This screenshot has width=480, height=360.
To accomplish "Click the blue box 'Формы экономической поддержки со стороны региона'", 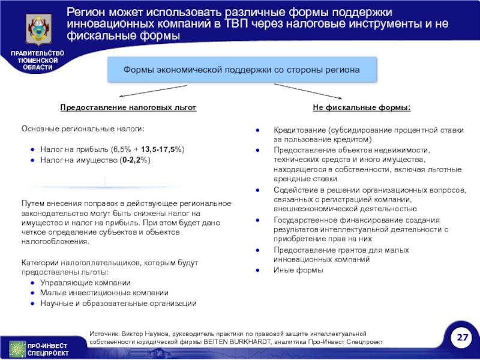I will pos(241,70).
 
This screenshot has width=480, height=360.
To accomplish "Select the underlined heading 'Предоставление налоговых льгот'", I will pos(128,107).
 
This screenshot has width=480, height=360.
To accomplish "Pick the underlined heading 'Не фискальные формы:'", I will pos(362,107).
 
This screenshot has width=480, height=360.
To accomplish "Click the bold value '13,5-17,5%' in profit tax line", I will pos(163,149).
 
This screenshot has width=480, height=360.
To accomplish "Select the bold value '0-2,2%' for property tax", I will pos(134,160).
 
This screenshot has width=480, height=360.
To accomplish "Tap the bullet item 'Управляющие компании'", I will pos(85,283).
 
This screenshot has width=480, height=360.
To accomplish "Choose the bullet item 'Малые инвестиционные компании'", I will pos(104,293).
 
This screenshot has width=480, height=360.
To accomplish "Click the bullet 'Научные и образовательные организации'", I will pos(118,303).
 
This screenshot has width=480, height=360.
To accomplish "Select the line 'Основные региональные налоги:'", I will pos(83,129).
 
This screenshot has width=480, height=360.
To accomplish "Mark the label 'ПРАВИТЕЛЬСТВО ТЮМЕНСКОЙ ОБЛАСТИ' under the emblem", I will pos(37,61).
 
